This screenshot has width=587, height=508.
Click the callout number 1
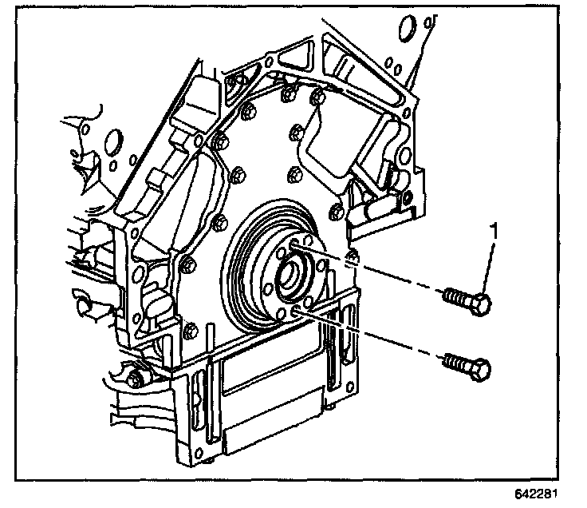tap(495, 232)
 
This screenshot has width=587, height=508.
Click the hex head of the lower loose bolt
tap(481, 370)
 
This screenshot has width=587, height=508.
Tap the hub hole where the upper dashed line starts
tap(296, 244)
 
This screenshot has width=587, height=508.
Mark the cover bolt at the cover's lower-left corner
tap(188, 328)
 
